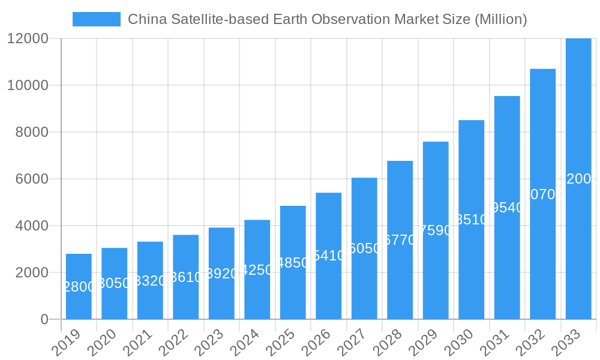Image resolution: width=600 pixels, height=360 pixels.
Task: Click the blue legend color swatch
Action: (x=96, y=19)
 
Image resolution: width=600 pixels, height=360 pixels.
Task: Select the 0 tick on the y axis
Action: (x=44, y=320)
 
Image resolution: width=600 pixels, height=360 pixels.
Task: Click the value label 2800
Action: (x=79, y=287)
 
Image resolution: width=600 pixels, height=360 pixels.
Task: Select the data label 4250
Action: (x=257, y=270)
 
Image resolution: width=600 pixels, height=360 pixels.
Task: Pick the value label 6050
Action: (x=364, y=248)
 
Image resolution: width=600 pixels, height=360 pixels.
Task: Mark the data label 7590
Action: (x=436, y=230)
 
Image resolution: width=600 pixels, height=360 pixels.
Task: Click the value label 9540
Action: (x=507, y=208)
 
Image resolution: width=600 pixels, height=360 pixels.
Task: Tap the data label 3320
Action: (x=150, y=281)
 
